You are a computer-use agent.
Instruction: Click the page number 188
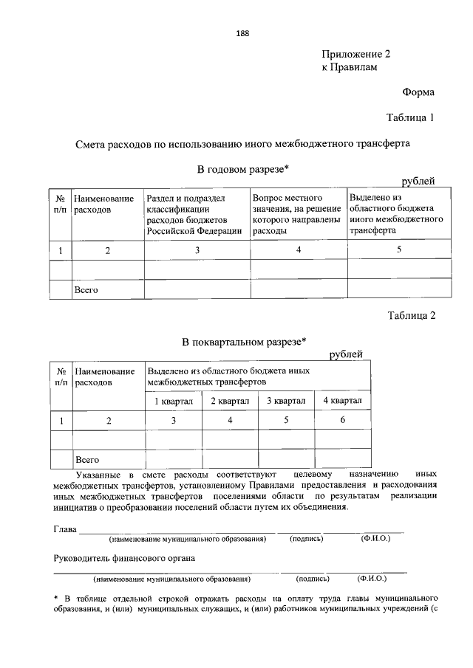(242, 33)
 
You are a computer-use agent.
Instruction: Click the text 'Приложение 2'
(355, 54)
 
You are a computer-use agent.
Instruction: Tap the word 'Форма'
(418, 92)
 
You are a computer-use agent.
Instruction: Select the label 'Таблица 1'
(411, 117)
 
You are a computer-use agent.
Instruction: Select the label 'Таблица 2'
(412, 316)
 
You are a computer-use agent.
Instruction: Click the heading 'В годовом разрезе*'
(242, 169)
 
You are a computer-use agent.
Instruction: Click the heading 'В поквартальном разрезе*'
(244, 341)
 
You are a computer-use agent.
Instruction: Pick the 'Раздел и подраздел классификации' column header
(197, 214)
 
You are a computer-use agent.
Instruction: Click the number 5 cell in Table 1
(398, 249)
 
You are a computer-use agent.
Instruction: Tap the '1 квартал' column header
(174, 400)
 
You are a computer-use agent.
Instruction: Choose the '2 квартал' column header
(230, 400)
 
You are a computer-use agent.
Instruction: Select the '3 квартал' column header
(285, 400)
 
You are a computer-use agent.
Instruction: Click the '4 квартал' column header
(342, 400)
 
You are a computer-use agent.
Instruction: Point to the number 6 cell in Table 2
(342, 420)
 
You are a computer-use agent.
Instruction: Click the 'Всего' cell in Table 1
(86, 290)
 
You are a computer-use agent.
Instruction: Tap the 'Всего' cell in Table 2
(87, 459)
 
